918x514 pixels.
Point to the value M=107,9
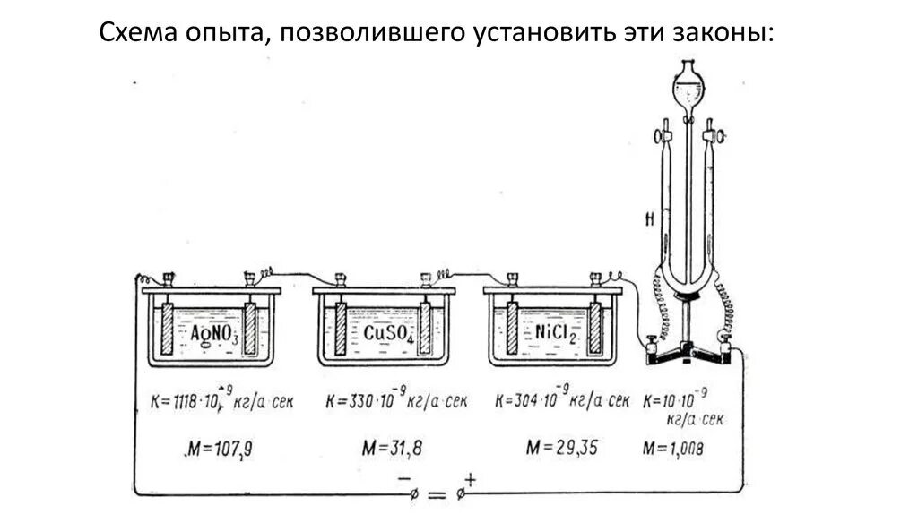218,447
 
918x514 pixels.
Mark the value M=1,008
673,447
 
